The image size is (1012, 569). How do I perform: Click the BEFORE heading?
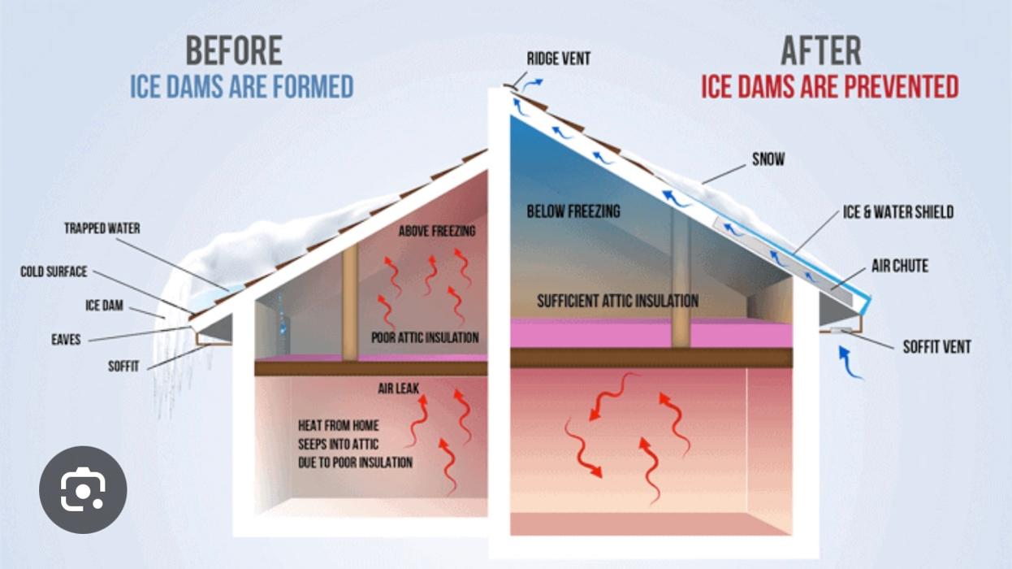pos(234,50)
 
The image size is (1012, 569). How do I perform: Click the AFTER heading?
pos(821,50)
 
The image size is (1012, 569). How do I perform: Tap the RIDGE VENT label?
pos(559,59)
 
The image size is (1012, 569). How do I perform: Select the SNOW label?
pos(768,159)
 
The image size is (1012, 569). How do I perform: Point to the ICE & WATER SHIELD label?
pos(898,211)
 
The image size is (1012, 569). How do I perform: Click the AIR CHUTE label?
pos(899,266)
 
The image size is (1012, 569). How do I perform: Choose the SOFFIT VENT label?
pos(936,347)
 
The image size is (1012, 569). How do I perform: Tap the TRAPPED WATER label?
pos(102,228)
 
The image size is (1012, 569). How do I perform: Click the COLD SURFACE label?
pos(54,271)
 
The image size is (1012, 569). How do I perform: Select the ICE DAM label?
pos(104,306)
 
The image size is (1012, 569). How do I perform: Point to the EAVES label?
pos(66,339)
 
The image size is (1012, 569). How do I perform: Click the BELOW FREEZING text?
pos(573,211)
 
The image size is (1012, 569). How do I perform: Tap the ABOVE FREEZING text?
pos(437,231)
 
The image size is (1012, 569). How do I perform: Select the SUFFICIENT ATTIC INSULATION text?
pos(617,301)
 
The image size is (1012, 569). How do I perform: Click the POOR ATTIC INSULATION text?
pos(425,337)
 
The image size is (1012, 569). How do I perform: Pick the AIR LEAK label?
pos(399,389)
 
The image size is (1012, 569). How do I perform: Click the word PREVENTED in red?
pos(902,87)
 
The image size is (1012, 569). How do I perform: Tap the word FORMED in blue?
pos(313,87)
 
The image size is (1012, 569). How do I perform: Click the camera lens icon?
pos(83,489)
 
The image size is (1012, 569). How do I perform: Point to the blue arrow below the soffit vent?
pos(849,363)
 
